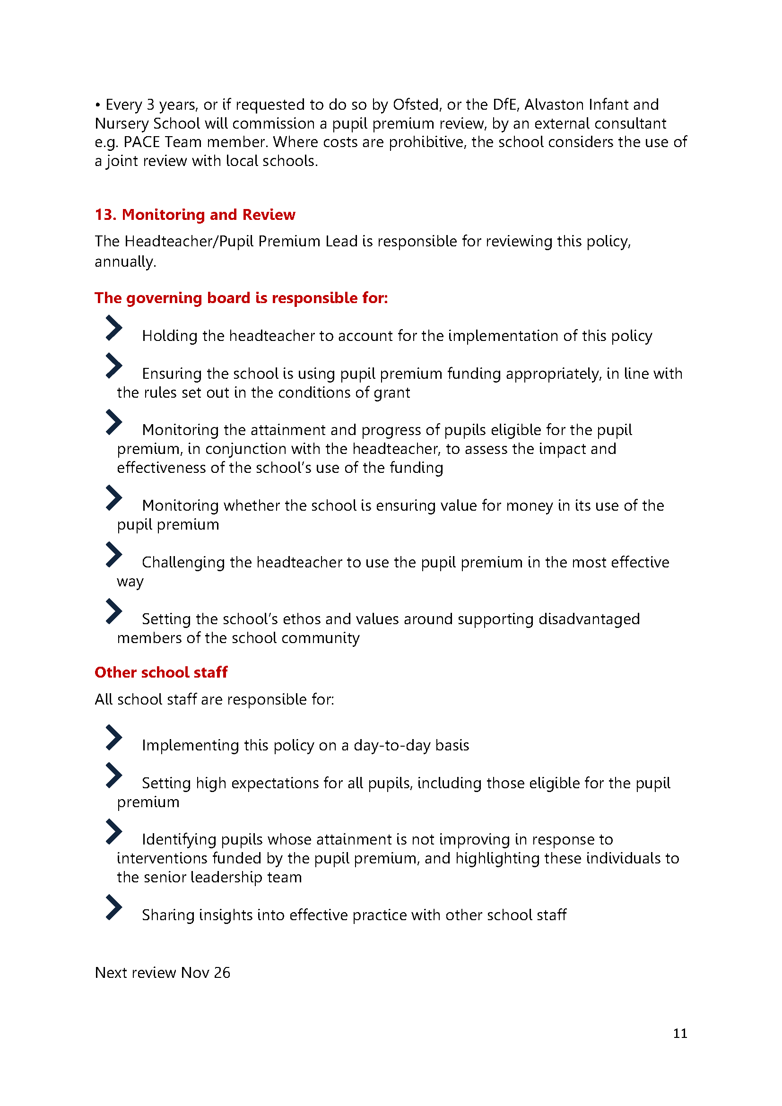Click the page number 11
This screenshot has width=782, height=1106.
[x=679, y=1033]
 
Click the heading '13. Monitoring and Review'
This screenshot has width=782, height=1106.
[x=194, y=214]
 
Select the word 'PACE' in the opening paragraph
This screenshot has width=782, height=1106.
[x=141, y=142]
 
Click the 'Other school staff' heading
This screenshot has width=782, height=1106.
[x=161, y=672]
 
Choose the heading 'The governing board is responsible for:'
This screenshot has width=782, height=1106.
[x=241, y=298]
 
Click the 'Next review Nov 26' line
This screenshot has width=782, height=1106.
[x=162, y=973]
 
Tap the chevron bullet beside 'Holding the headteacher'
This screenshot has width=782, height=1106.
[x=113, y=328]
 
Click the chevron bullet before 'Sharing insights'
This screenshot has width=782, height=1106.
[x=113, y=907]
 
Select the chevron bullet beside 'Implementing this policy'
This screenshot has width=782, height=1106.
[x=113, y=738]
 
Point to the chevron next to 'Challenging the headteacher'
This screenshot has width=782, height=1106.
[x=113, y=555]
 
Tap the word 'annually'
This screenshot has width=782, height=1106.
[x=125, y=262]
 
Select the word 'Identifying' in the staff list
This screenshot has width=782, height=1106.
[x=179, y=840]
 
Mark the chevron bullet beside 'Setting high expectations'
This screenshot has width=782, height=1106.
[x=113, y=775]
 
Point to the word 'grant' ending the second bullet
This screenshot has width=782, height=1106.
[x=391, y=393]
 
